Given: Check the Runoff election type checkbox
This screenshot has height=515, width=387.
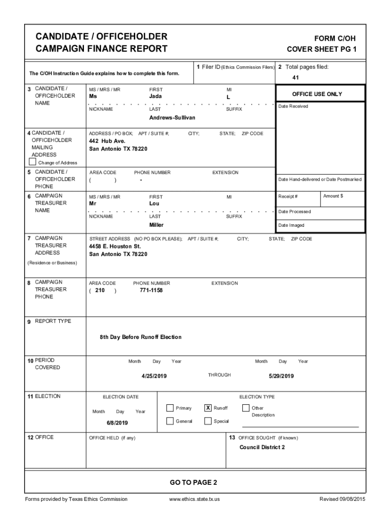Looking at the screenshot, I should click(208, 408).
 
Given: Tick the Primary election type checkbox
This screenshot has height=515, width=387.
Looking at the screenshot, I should click(170, 408).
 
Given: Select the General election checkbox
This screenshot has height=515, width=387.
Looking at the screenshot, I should click(170, 421).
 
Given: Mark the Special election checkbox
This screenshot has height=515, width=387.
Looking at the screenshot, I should click(208, 421).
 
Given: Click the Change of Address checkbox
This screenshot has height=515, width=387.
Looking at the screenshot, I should click(33, 162).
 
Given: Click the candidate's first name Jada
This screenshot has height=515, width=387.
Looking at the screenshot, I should click(155, 96).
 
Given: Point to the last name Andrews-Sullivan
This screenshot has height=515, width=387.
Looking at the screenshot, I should click(172, 117).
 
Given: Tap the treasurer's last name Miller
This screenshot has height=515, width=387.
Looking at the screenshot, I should click(156, 225).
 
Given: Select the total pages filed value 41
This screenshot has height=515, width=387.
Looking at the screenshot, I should click(296, 78).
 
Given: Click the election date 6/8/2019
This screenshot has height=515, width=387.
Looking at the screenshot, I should click(117, 423).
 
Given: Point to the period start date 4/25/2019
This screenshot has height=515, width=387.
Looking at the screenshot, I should click(154, 376).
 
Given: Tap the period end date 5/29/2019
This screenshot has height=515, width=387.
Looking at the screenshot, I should click(281, 376).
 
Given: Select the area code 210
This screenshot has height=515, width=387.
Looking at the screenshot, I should click(100, 290).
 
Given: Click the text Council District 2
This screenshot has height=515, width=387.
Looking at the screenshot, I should click(262, 447).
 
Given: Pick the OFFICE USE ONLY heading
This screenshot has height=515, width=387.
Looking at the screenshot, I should click(317, 94).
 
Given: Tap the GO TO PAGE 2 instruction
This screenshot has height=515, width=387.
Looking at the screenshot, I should click(193, 482).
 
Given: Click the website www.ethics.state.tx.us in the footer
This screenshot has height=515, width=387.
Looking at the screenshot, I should click(195, 499).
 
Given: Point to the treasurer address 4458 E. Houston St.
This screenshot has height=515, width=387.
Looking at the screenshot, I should click(115, 246).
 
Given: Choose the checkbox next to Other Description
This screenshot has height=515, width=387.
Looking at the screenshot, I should click(246, 408).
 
